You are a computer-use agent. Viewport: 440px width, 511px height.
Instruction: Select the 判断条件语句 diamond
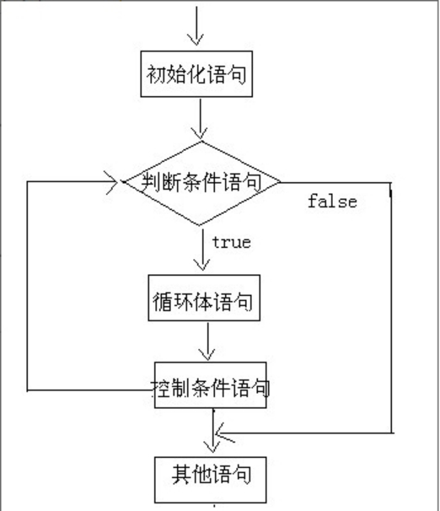pyautogui.click(x=202, y=181)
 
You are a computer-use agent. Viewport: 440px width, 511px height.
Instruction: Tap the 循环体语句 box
pyautogui.click(x=201, y=299)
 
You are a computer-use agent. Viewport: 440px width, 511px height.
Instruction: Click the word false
pyautogui.click(x=331, y=202)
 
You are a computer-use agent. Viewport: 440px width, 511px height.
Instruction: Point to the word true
pyautogui.click(x=231, y=242)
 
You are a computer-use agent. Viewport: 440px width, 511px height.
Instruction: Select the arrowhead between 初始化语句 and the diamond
pyautogui.click(x=199, y=132)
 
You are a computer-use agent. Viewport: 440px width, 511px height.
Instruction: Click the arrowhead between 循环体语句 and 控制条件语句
pyautogui.click(x=207, y=354)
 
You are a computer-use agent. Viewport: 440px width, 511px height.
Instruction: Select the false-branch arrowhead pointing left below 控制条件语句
pyautogui.click(x=221, y=435)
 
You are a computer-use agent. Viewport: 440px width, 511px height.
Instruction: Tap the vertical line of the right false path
pyautogui.click(x=391, y=312)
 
